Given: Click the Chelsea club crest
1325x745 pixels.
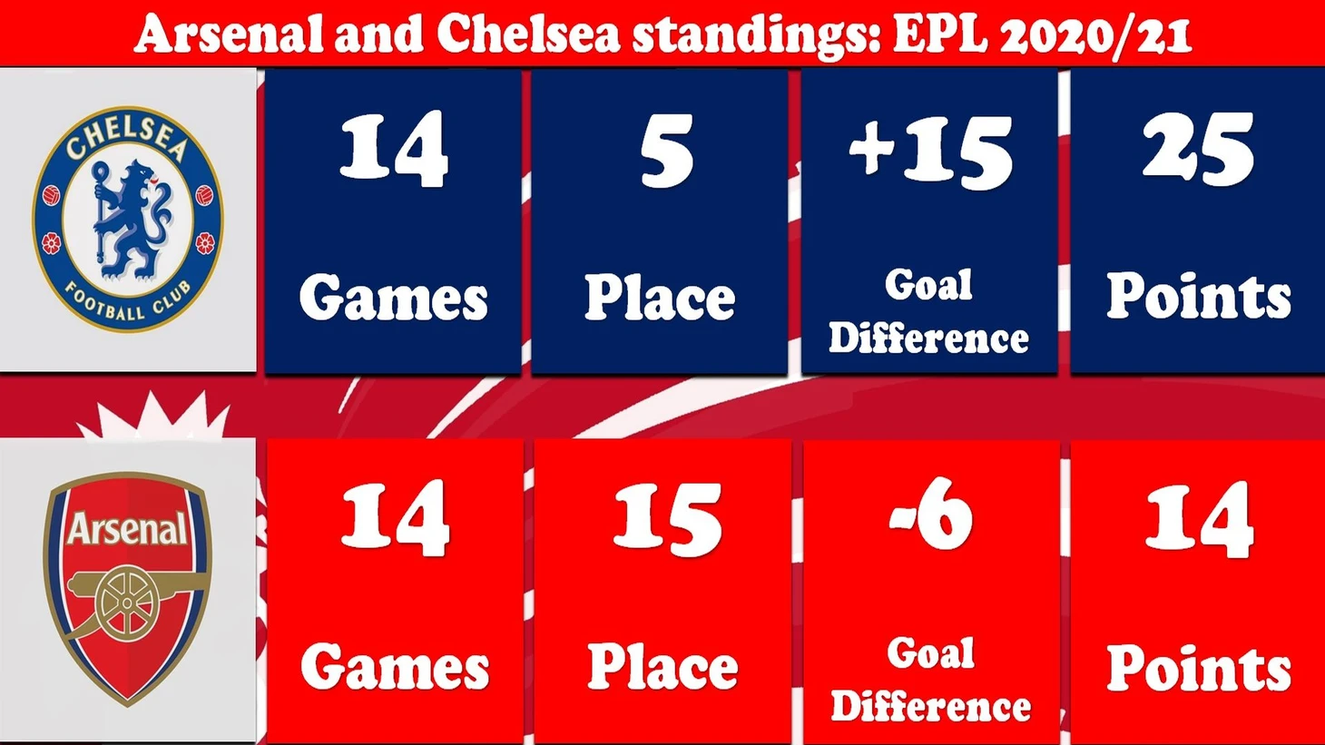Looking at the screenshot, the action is click(x=128, y=219).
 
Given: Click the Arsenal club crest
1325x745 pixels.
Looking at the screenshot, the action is click(x=127, y=588).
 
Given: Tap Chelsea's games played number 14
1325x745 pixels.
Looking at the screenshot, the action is click(x=394, y=150).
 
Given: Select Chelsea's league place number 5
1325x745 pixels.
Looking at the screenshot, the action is click(x=667, y=152).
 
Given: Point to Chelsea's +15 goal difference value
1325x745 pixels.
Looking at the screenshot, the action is click(x=931, y=152).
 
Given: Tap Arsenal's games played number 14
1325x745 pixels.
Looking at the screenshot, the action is click(x=395, y=518).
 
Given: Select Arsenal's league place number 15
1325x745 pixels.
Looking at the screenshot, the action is click(x=667, y=520).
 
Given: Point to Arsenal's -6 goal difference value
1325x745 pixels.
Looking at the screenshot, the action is click(x=931, y=514).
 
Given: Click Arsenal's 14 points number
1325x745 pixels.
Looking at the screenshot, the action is click(x=1199, y=520).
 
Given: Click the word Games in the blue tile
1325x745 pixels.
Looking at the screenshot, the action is click(x=393, y=298).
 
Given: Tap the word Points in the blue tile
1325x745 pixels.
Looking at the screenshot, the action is click(x=1199, y=296).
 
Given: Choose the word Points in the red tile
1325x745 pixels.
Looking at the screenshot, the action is click(x=1199, y=666).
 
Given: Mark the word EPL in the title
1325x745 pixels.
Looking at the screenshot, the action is click(x=939, y=34).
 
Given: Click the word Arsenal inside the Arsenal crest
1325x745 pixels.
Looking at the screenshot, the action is click(x=126, y=528).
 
